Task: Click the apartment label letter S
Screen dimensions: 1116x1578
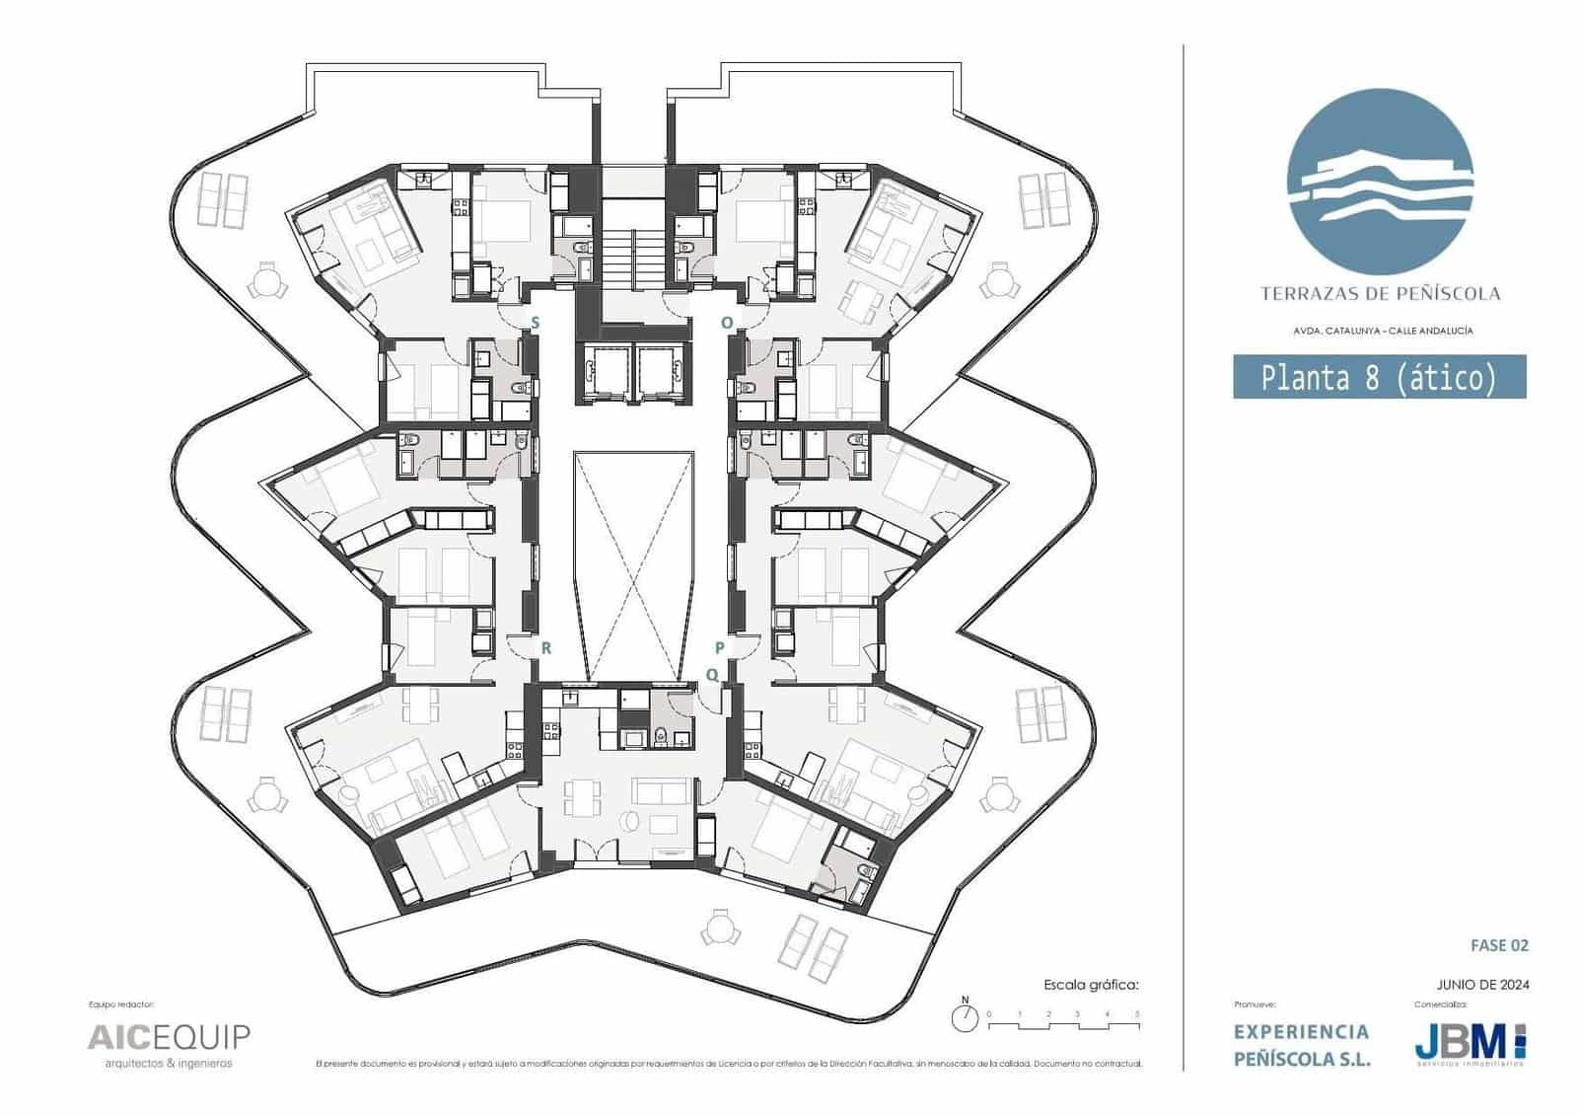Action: click(x=536, y=323)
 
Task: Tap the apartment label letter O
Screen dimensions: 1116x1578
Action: click(x=727, y=323)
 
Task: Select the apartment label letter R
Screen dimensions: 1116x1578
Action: click(x=545, y=648)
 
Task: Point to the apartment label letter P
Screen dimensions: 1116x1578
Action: click(x=720, y=648)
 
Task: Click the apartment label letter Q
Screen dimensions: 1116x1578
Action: click(x=712, y=675)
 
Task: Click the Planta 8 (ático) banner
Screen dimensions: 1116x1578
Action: click(x=1379, y=377)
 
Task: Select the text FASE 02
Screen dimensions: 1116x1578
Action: click(x=1499, y=945)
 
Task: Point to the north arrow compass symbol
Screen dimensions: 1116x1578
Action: click(x=966, y=1015)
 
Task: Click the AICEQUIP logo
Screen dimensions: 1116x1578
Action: click(x=169, y=1038)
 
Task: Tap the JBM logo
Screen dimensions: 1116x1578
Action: click(x=1470, y=1042)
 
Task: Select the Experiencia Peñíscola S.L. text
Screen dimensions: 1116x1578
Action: click(x=1302, y=1045)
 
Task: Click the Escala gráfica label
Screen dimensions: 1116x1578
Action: click(x=1091, y=985)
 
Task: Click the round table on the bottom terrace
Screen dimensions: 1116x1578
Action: click(x=720, y=928)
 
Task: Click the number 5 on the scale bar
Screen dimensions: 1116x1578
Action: click(x=1137, y=1014)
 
